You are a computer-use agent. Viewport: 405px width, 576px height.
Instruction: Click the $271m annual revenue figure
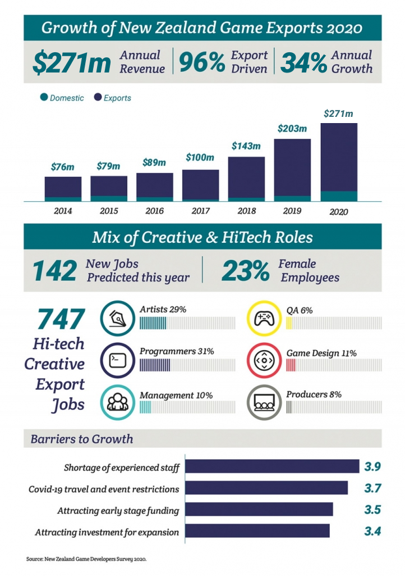71,63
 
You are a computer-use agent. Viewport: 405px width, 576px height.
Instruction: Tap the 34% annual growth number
303,63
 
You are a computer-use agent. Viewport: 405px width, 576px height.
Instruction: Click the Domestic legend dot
44,98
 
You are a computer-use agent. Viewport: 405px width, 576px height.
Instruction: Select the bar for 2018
246,178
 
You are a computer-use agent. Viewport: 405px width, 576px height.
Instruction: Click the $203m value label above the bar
292,129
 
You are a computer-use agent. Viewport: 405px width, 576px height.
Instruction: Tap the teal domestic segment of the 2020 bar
338,196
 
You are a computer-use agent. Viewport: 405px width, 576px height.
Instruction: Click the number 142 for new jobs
54,271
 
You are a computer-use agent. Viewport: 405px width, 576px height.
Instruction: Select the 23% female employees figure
245,271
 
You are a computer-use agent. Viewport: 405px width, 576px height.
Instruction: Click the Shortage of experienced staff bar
272,466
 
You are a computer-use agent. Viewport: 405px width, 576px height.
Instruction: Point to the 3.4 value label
372,531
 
